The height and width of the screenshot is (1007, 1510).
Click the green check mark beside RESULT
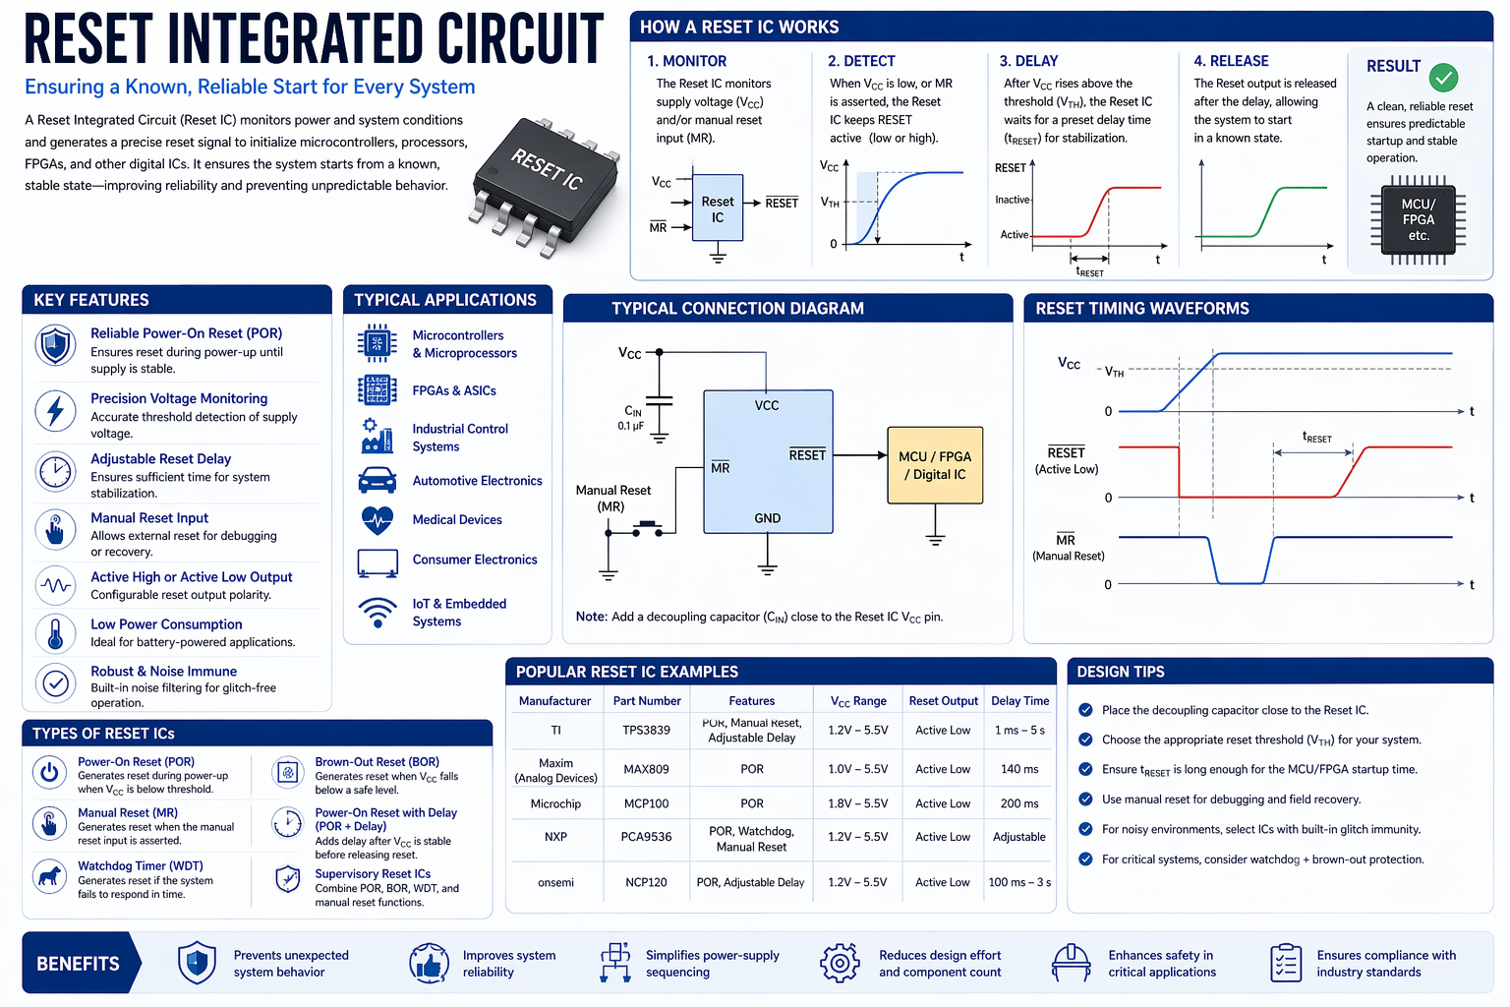point(1443,77)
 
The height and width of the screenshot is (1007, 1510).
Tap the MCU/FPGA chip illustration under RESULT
point(1418,220)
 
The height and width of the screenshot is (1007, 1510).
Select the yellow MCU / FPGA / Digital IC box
point(935,465)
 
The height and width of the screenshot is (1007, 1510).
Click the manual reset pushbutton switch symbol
point(647,529)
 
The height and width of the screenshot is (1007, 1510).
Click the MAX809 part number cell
point(646,769)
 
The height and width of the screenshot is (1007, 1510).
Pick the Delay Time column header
point(1019,701)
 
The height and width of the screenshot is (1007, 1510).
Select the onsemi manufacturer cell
point(555,882)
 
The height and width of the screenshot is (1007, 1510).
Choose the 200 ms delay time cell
point(1019,803)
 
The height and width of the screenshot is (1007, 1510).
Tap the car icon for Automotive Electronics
point(377,481)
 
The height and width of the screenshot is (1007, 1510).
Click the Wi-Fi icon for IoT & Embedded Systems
point(377,612)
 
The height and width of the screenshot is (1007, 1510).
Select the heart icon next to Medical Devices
point(377,519)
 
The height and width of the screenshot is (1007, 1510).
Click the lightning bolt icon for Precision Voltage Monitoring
point(56,410)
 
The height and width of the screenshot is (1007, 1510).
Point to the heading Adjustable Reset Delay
point(160,459)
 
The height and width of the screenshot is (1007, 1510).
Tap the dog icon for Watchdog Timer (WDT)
point(49,874)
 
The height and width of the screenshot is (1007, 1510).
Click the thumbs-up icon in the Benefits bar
point(429,964)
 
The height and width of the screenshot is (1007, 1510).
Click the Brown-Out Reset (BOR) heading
point(377,762)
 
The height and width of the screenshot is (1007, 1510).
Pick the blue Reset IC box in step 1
point(718,208)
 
